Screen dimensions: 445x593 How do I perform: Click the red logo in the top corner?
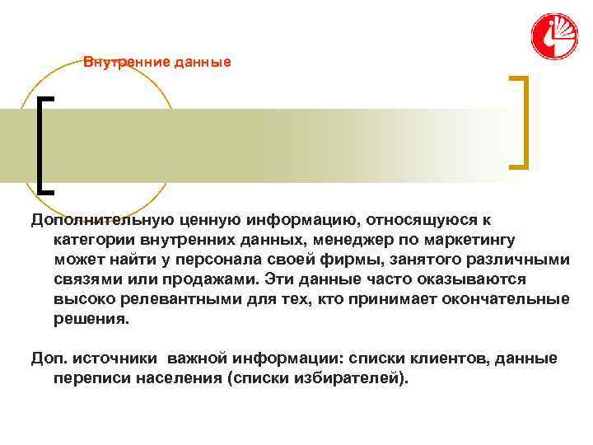coord(553,35)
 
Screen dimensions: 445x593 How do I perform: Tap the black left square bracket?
coord(44,143)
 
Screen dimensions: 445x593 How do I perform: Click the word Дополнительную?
coord(101,220)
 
